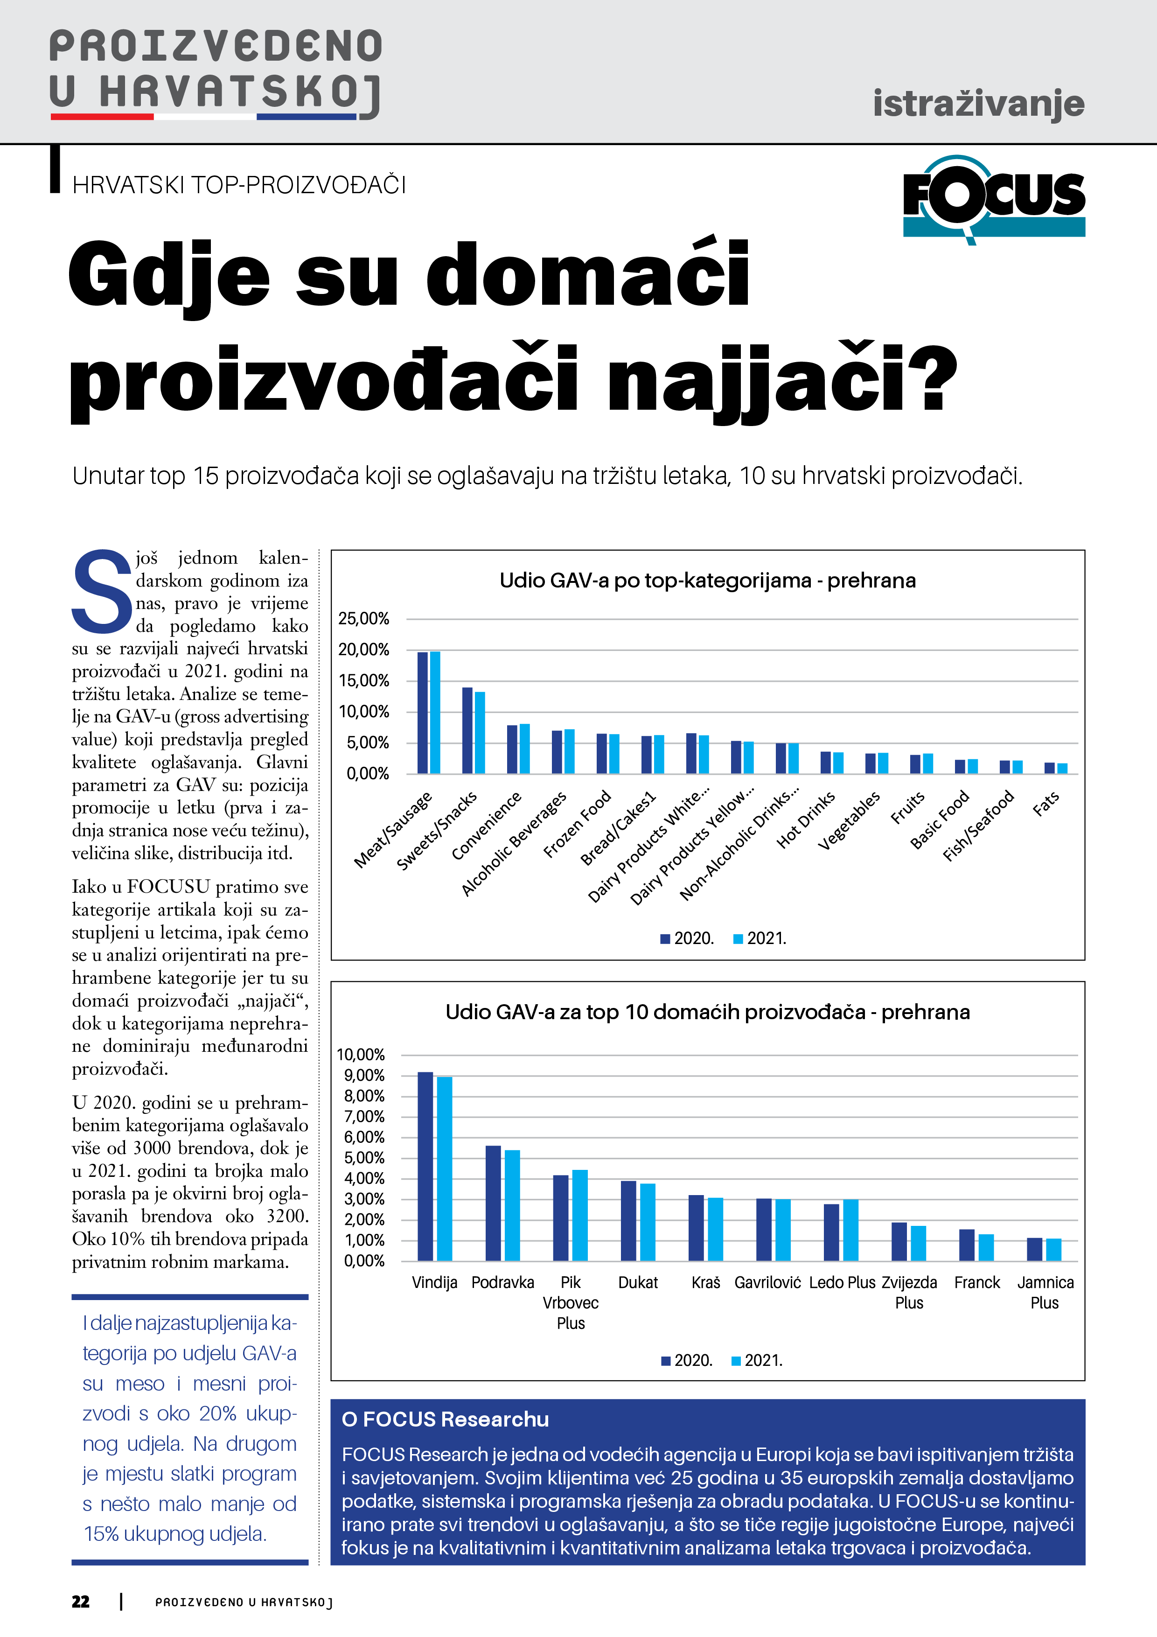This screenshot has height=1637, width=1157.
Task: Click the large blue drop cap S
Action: point(102,592)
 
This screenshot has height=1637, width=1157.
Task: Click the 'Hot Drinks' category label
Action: point(806,820)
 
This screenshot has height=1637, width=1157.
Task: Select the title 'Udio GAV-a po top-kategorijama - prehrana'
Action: point(707,581)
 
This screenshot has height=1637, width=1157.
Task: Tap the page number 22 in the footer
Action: point(81,1602)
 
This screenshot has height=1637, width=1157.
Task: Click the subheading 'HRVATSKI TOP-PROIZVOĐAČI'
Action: point(239,185)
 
